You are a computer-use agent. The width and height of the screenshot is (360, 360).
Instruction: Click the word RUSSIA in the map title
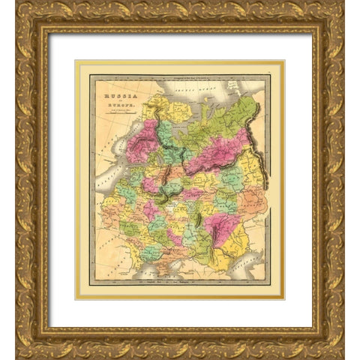coord(117,85)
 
